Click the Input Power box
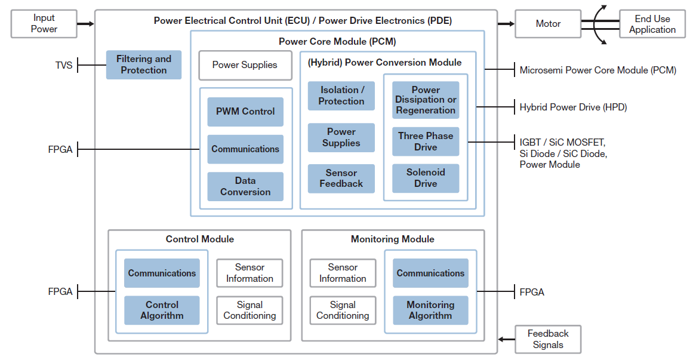point(44,24)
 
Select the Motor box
point(548,24)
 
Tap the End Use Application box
point(652,24)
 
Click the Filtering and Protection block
point(143,64)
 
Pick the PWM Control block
point(245,112)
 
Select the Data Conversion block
point(245,186)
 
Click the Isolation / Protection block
point(341,96)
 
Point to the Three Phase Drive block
point(426,141)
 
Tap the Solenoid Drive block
point(426,178)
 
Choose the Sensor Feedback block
point(341,178)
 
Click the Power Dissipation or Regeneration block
point(426,100)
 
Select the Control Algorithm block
point(162,310)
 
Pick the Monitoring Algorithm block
point(430,310)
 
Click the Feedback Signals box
point(548,339)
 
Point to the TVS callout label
point(64,65)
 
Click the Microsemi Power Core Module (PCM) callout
point(597,70)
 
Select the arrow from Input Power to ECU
point(86,24)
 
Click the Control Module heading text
point(199,239)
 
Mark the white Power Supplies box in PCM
point(245,65)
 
